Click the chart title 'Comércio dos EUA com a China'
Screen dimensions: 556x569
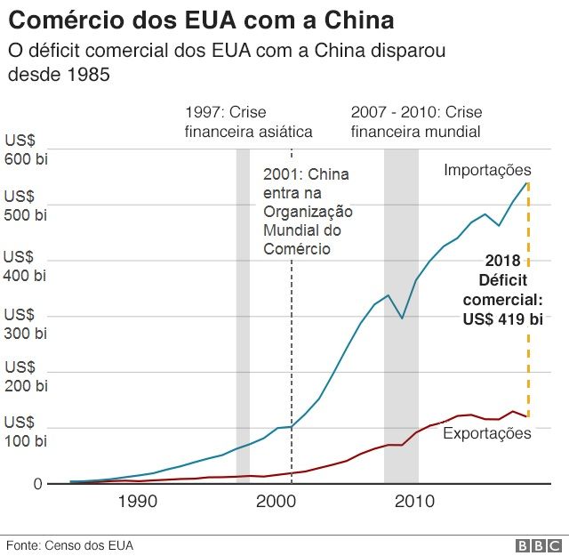click(x=201, y=20)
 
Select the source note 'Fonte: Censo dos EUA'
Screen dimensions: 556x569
click(x=70, y=544)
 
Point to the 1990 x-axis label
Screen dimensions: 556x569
click(x=138, y=502)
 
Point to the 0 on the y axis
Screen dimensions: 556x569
click(x=37, y=484)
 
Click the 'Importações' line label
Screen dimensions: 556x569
click(x=487, y=170)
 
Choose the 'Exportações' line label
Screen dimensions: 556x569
click(x=486, y=433)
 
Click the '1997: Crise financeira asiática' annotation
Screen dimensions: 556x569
click(x=248, y=122)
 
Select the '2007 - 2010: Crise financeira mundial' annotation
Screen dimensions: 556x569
click(x=415, y=122)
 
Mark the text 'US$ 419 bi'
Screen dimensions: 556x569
click(x=502, y=319)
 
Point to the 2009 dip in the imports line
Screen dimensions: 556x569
click(x=402, y=318)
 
